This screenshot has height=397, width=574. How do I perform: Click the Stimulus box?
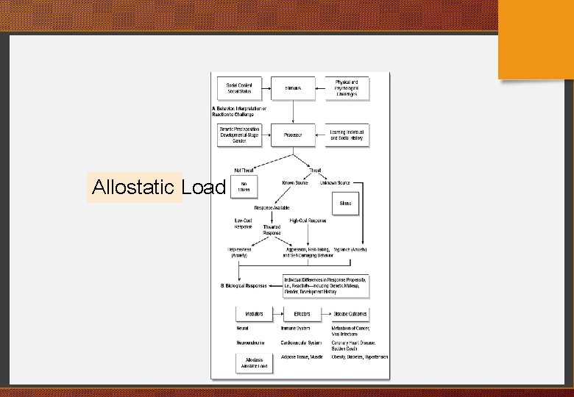(293, 88)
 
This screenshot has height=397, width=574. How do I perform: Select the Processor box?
(293, 135)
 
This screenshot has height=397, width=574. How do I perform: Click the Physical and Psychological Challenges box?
(347, 88)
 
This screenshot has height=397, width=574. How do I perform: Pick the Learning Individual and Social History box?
(347, 135)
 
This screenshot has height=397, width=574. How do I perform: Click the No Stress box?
(244, 187)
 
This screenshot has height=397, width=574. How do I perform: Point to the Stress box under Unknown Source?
(345, 204)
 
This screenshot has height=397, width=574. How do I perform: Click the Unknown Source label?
(336, 182)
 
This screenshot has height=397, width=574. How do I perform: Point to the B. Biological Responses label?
(245, 285)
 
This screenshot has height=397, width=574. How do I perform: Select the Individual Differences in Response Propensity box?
(326, 285)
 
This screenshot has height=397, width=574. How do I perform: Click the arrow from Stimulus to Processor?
(293, 112)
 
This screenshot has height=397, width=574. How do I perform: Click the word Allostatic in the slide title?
(134, 187)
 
